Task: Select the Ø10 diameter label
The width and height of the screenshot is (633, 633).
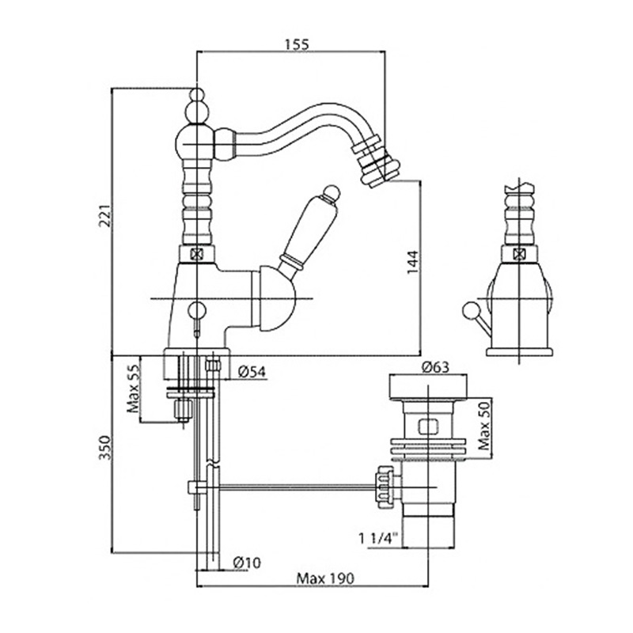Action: click(x=248, y=563)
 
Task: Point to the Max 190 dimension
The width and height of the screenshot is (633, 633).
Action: click(x=324, y=578)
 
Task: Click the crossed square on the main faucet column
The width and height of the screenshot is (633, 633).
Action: click(x=196, y=255)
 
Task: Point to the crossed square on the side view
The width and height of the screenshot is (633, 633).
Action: click(x=519, y=255)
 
